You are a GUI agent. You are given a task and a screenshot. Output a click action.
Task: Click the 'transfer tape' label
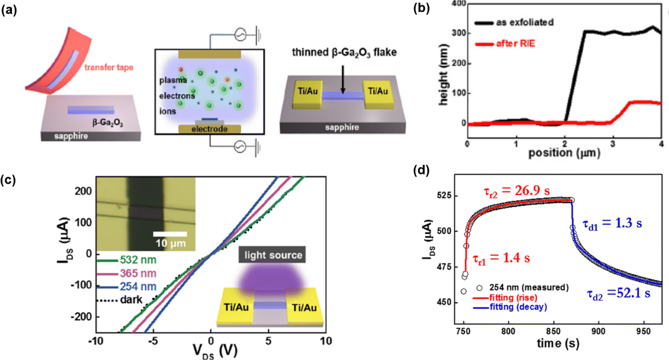pos(109,68)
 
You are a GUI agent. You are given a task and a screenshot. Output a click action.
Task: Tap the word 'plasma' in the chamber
pos(173,80)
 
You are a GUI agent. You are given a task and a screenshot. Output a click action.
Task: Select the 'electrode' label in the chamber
pos(209,129)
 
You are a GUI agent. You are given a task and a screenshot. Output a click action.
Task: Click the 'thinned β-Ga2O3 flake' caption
pos(344,52)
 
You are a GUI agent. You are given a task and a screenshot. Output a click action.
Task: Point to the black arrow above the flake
pos(343,80)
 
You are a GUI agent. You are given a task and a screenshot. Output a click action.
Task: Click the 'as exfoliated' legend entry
pos(524,22)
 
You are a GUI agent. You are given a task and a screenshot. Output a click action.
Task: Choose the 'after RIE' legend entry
pos(516,44)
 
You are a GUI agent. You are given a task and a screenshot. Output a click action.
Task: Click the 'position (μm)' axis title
pos(564,152)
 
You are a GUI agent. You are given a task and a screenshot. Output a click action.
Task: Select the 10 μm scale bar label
pos(171,244)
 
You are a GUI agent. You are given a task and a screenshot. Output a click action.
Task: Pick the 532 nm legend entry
pos(138,260)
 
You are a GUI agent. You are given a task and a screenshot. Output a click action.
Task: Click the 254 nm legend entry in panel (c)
pos(138,287)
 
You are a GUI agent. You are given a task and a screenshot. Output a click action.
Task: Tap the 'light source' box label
pos(273,255)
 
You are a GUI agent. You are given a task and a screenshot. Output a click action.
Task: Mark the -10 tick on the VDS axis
pos(96,341)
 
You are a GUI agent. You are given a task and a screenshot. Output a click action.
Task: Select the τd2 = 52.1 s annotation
pos(618,293)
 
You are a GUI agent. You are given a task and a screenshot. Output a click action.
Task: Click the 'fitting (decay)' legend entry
pos(518,307)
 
